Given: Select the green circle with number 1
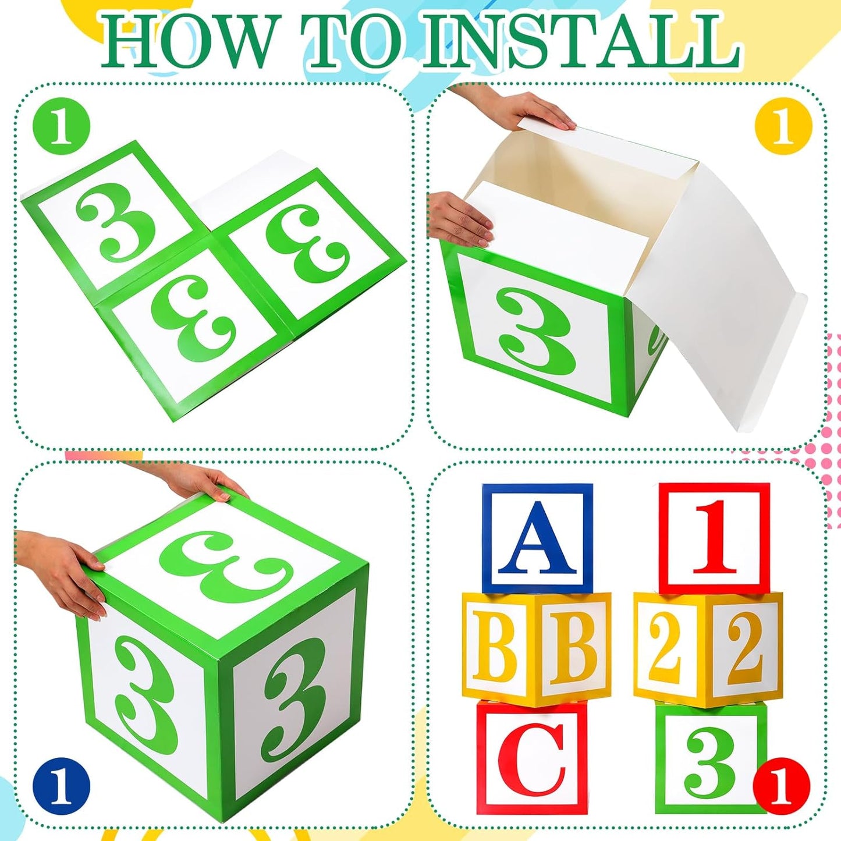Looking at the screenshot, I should coord(61,125).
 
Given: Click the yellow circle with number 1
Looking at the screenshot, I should coord(783,125).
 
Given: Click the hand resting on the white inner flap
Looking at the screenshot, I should coord(460,218).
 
